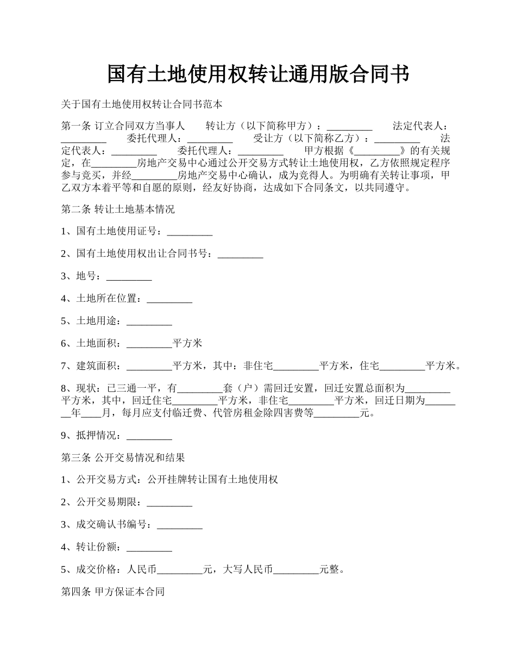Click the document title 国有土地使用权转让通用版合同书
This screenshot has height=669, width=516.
pos(257,75)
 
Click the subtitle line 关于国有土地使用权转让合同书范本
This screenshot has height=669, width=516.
pos(141,103)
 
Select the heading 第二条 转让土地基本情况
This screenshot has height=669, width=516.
pos(118,209)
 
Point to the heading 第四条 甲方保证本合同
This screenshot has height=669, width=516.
pos(113,592)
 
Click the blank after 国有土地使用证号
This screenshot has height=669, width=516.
pos(190,232)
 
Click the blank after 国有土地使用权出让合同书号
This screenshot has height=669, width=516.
pos(240,255)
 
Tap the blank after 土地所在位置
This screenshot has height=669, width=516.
pos(169,299)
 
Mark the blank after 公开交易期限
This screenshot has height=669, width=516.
pos(169,502)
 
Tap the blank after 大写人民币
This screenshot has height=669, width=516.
pos(296,569)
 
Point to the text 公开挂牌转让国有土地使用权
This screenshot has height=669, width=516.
pos(212,480)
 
